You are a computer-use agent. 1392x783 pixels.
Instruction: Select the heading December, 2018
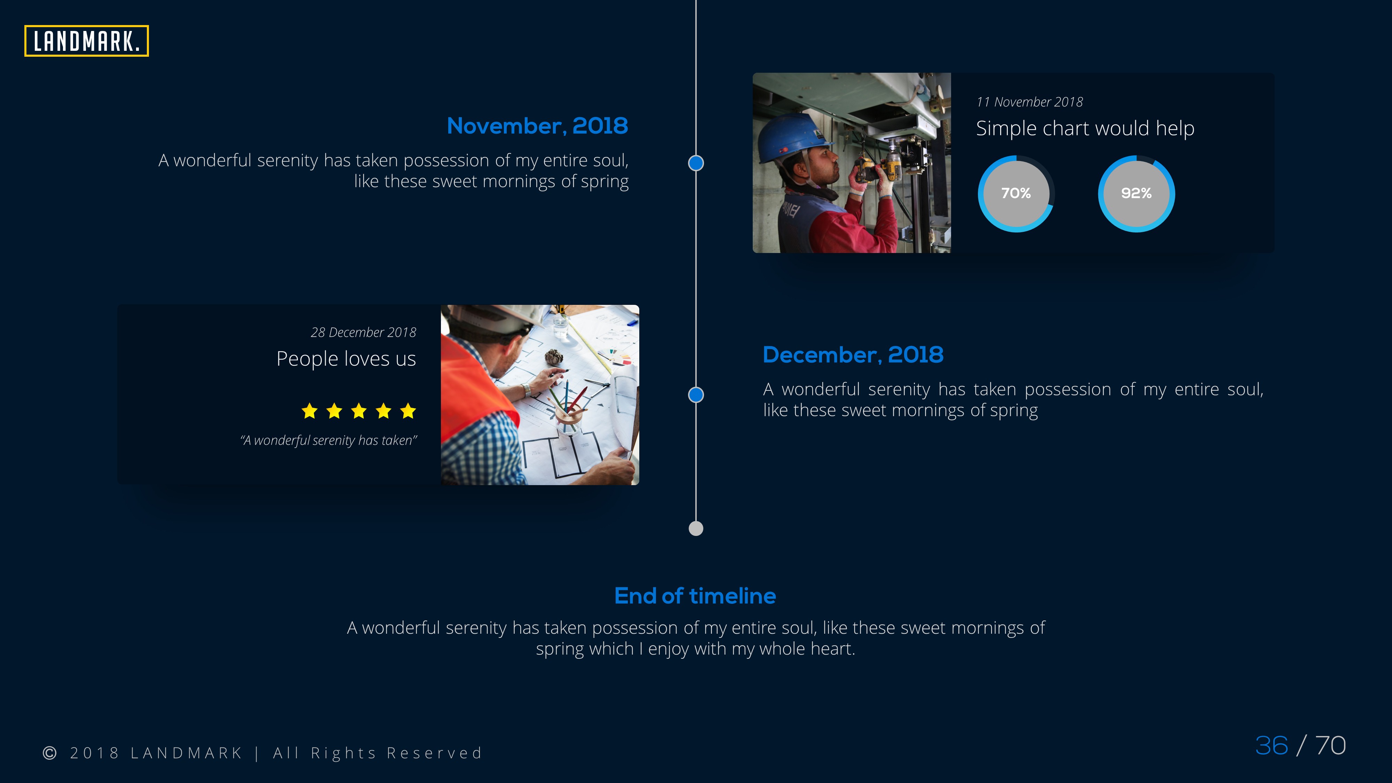853,355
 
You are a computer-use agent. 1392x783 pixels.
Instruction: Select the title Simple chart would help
1085,129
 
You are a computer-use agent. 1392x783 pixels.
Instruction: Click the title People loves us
346,359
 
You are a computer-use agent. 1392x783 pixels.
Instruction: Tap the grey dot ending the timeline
696,529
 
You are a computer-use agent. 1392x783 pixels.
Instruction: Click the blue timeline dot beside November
696,163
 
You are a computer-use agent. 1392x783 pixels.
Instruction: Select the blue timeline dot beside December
696,395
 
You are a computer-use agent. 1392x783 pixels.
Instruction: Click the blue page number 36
1272,746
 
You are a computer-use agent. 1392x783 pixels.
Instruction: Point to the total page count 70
1330,746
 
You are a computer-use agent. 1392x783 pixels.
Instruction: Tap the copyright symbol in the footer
50,753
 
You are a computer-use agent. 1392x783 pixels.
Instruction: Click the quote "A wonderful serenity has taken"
329,441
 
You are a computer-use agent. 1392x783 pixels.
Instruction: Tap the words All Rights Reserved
377,753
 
